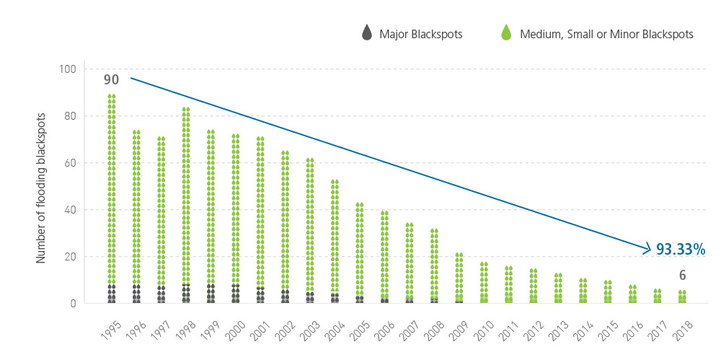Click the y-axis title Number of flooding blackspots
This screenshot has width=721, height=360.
click(x=42, y=187)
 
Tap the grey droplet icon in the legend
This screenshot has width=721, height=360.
click(x=367, y=32)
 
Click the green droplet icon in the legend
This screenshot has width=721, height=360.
click(x=505, y=32)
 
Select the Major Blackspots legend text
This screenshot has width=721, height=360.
click(x=422, y=33)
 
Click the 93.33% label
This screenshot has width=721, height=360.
click(x=680, y=250)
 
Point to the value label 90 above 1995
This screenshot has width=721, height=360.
click(x=110, y=80)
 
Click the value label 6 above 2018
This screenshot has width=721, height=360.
click(x=682, y=275)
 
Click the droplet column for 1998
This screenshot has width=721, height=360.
click(x=186, y=205)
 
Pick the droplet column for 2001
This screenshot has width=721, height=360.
click(x=260, y=219)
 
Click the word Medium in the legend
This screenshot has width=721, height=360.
click(x=539, y=33)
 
